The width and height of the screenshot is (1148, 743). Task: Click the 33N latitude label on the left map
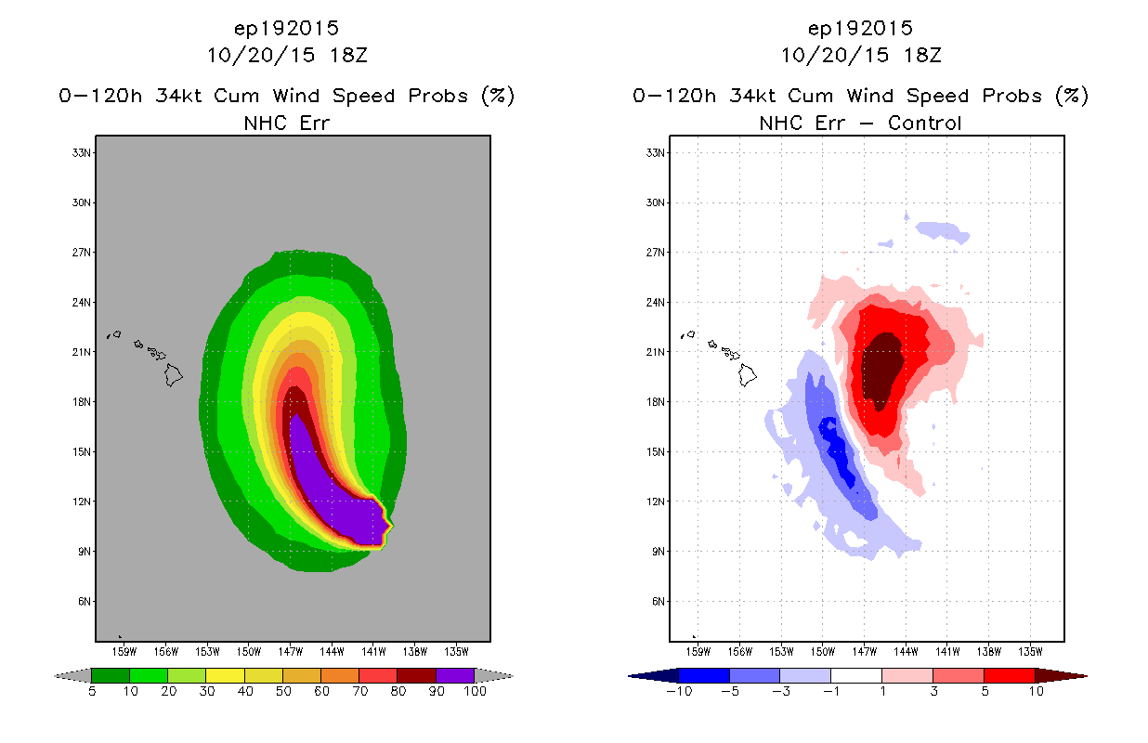82,152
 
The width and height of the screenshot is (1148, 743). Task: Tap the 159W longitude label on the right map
698,652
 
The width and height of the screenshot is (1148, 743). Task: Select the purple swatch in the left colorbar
455,675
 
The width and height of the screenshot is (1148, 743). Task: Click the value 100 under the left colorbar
475,691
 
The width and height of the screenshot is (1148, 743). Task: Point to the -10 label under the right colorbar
679,691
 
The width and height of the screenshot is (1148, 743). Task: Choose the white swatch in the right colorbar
855,675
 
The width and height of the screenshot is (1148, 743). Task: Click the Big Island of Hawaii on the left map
174,375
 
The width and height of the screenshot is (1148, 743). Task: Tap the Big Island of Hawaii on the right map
748,375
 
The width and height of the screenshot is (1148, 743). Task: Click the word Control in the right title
924,123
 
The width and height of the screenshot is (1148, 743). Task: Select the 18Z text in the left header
348,55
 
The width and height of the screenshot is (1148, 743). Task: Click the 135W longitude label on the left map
456,652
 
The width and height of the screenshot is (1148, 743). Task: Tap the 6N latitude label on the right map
658,601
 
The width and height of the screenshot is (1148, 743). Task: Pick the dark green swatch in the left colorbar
111,675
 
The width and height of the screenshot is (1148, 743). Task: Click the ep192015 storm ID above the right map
860,28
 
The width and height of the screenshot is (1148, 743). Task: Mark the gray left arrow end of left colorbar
72,675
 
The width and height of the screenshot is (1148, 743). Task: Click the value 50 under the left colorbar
283,691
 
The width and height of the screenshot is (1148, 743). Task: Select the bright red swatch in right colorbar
1009,675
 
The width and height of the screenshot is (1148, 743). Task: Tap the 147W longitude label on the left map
290,652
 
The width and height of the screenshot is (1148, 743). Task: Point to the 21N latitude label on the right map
656,352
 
